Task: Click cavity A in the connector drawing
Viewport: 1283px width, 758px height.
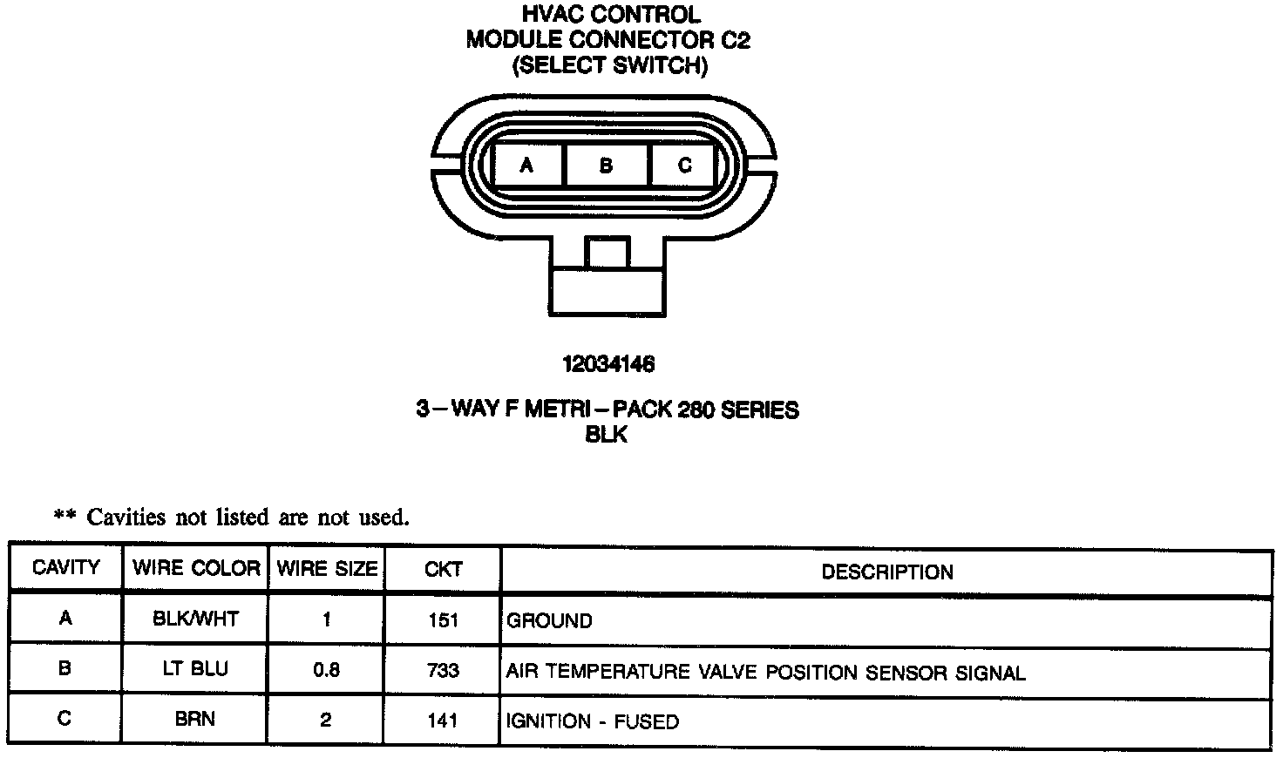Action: (x=527, y=165)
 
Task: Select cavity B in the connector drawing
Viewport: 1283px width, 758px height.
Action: (x=607, y=165)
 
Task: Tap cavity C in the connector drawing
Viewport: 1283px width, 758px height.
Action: (x=684, y=165)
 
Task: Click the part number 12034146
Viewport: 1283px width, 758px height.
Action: (x=608, y=364)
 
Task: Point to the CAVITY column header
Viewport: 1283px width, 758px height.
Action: (x=65, y=568)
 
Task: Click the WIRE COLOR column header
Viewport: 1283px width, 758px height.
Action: (x=196, y=568)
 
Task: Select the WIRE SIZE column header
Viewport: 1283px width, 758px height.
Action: (x=327, y=569)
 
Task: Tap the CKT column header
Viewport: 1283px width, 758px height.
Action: (x=443, y=570)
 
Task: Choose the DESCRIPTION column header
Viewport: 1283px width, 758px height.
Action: (x=887, y=572)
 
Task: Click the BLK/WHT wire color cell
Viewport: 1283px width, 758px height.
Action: (x=195, y=619)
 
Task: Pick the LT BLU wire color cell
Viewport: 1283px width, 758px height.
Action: (x=195, y=668)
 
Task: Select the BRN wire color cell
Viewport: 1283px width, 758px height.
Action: (x=195, y=719)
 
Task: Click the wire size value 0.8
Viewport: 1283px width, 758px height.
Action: (x=326, y=670)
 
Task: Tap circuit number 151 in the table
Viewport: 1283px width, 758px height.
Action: (x=443, y=620)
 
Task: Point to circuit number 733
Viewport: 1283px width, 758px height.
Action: (x=443, y=671)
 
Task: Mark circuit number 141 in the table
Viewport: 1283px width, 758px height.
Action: (x=443, y=721)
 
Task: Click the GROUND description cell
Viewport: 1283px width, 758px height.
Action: (x=549, y=621)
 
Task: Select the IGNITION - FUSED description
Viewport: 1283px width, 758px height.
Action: (x=593, y=721)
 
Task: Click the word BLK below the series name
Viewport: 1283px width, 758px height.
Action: (x=607, y=434)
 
